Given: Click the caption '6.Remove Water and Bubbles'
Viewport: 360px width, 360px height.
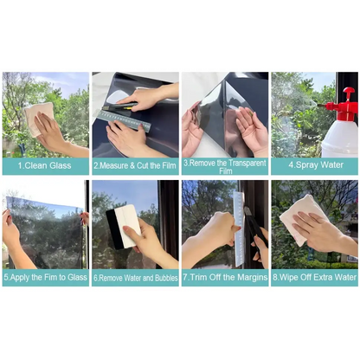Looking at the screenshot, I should click(x=135, y=278).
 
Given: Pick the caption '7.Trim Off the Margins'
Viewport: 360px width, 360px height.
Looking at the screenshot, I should click(x=225, y=278).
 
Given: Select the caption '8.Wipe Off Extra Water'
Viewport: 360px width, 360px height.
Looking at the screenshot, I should click(x=314, y=278).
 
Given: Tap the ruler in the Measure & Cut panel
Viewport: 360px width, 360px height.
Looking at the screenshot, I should click(x=126, y=119).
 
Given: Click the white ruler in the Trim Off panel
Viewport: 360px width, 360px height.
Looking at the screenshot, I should click(x=238, y=227).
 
